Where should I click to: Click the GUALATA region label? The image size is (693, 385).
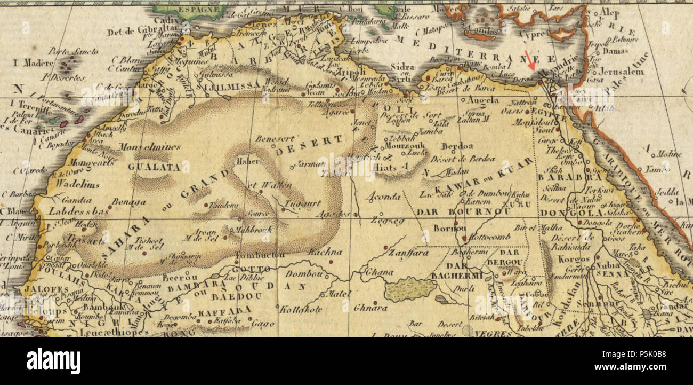(x=154, y=167)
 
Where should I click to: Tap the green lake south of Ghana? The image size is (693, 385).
(x=410, y=289)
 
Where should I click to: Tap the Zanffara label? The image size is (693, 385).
(x=408, y=253)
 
